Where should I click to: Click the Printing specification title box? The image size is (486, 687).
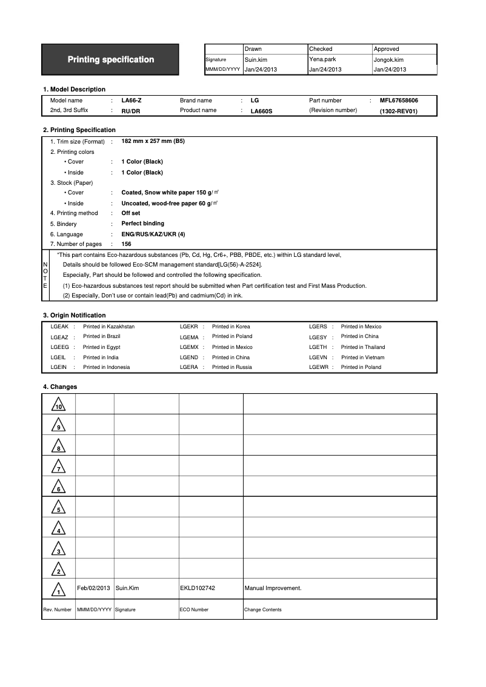(110, 59)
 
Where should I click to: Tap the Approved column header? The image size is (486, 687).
(386, 49)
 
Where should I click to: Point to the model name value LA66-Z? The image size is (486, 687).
(131, 101)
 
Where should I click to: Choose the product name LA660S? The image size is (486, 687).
(262, 111)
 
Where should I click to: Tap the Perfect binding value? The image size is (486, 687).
(142, 224)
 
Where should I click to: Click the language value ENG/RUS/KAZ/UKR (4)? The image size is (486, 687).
(153, 234)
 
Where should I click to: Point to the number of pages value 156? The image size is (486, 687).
(127, 244)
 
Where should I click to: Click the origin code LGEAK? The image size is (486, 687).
(59, 327)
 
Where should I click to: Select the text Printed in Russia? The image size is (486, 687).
(232, 367)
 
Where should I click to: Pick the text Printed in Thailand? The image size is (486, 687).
(363, 347)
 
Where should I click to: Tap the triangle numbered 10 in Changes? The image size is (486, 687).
(59, 405)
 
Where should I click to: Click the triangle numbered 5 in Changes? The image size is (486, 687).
(59, 508)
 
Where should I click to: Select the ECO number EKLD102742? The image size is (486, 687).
(198, 588)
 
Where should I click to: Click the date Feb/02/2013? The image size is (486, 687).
(94, 588)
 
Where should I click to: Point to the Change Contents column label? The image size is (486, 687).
(263, 609)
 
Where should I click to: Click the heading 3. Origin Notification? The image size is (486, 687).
(74, 315)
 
